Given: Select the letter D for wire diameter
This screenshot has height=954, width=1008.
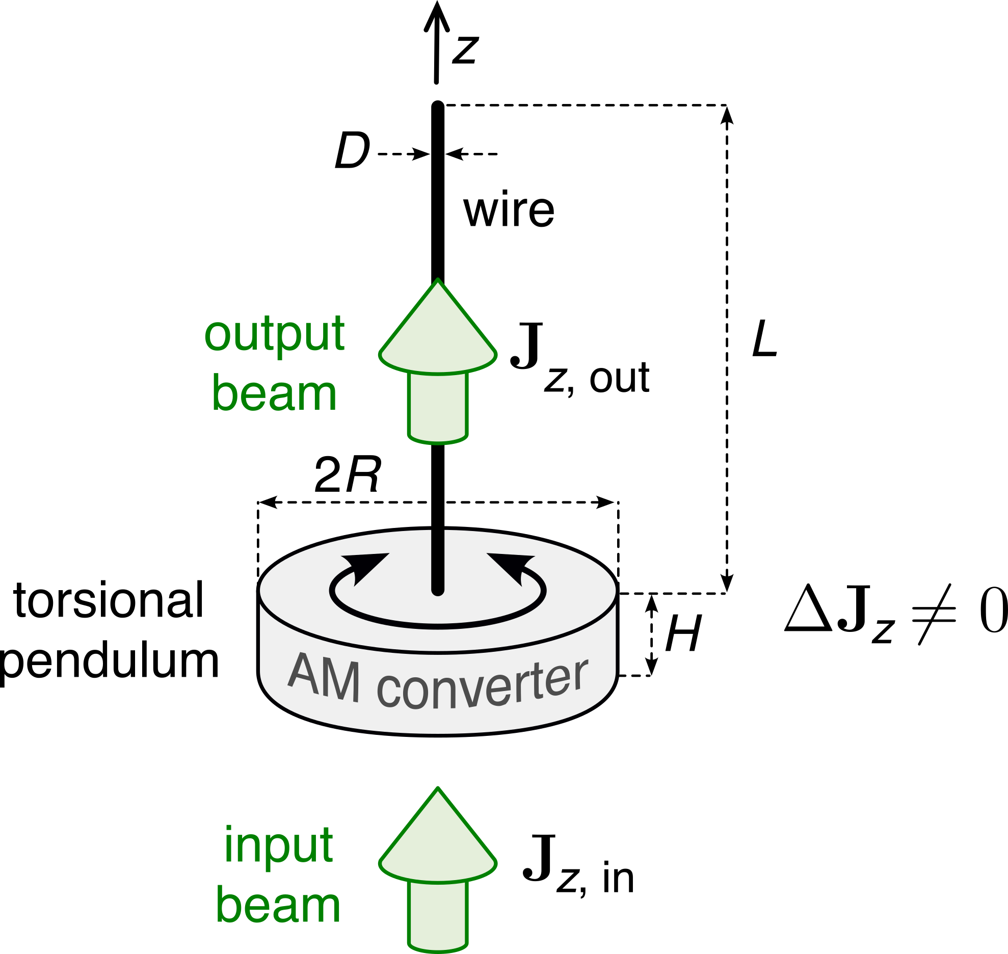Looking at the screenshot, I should click(352, 150).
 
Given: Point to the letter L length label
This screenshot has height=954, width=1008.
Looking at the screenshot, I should click(764, 338).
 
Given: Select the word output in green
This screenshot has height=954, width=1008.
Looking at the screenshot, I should click(275, 334).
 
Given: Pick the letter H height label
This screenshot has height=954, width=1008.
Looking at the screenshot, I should click(683, 633).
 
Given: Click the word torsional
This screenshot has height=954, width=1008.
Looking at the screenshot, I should click(109, 600).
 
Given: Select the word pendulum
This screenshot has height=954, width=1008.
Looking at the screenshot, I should click(109, 661).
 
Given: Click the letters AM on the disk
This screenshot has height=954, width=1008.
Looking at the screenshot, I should click(324, 677).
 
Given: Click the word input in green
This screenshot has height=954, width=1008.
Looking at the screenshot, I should click(279, 846).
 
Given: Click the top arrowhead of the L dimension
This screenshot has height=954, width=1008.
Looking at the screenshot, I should click(727, 115).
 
